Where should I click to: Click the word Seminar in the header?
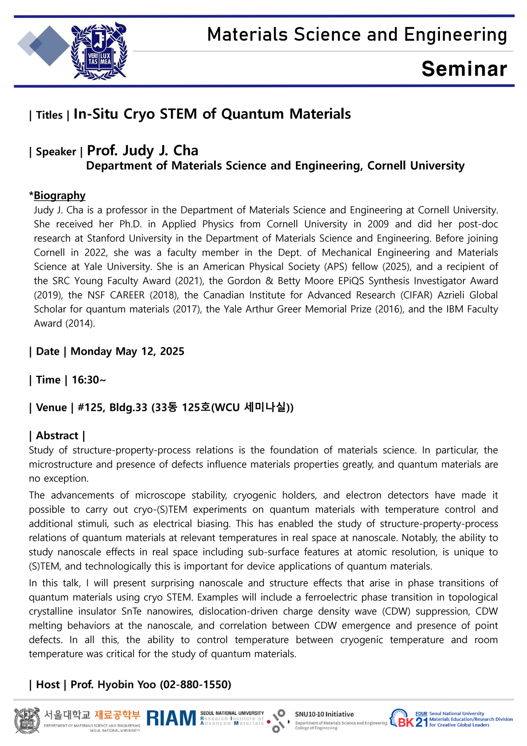point(464,69)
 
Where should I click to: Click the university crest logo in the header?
point(99,52)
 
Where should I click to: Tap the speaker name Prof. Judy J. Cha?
point(143,151)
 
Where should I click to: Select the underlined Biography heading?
point(59,195)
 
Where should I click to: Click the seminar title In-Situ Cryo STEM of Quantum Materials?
point(212,114)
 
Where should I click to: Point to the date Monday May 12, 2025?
point(127,351)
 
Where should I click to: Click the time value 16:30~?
point(89,380)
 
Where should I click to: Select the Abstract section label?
point(57,436)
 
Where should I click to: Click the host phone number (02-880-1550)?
point(195,684)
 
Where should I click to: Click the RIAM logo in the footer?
point(171,718)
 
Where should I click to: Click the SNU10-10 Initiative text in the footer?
point(324,714)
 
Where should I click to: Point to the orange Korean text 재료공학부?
point(117,714)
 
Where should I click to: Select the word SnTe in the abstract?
point(131,611)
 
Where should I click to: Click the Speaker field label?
point(56,152)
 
